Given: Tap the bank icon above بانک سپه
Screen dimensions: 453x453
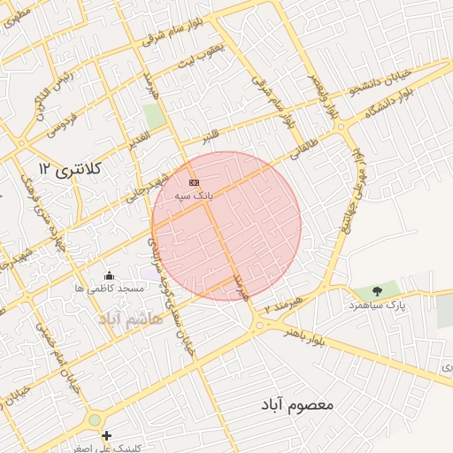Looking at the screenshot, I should [194, 182].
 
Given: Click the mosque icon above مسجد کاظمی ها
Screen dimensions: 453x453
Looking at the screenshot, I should [109, 276].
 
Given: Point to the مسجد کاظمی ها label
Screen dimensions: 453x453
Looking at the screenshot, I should [109, 289].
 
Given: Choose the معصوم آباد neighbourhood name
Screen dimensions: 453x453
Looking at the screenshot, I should [296, 404].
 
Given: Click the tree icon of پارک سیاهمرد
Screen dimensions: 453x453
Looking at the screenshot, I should [378, 291].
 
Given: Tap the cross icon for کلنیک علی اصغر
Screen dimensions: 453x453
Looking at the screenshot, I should [107, 435].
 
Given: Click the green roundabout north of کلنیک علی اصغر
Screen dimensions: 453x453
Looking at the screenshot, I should [95, 419].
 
